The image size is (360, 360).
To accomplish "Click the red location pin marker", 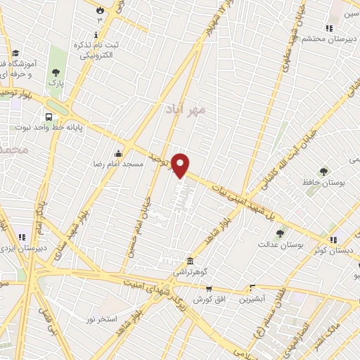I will [181, 165].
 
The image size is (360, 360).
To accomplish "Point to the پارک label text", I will [56, 83].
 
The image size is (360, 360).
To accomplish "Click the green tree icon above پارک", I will [56, 71].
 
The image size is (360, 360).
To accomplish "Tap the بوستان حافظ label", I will [323, 182].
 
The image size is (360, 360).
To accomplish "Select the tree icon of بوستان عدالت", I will [281, 233].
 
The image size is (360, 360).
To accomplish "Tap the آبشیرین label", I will [252, 299].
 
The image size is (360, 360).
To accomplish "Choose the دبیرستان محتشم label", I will [326, 39].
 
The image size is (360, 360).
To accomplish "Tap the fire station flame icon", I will [99, 9].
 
